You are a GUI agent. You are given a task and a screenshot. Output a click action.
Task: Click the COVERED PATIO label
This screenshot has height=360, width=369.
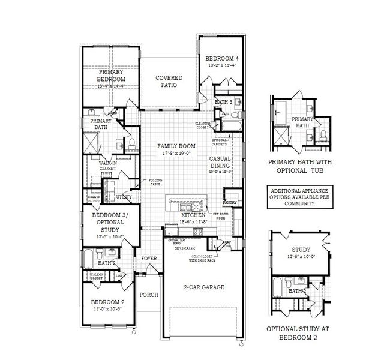(x=169, y=82)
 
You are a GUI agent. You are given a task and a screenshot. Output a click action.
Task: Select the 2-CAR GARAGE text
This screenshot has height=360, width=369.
(x=203, y=287)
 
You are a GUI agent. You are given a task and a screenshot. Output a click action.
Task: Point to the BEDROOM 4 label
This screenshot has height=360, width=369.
(x=222, y=58)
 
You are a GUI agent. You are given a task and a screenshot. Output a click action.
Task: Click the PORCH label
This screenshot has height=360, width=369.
(x=148, y=295)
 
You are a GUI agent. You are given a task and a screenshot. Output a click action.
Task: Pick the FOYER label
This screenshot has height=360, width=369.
(x=149, y=259)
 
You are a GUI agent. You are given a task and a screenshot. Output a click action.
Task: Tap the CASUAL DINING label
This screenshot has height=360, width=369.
(x=220, y=162)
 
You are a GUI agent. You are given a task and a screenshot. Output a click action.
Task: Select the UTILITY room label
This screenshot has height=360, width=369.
(x=124, y=196)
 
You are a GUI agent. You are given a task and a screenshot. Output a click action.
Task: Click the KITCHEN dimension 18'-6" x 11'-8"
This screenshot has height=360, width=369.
(x=193, y=221)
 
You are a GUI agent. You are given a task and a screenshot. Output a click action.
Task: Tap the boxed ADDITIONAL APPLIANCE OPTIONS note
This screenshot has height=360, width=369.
(x=292, y=196)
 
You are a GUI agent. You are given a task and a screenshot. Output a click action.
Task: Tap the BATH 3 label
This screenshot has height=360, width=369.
(x=223, y=102)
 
